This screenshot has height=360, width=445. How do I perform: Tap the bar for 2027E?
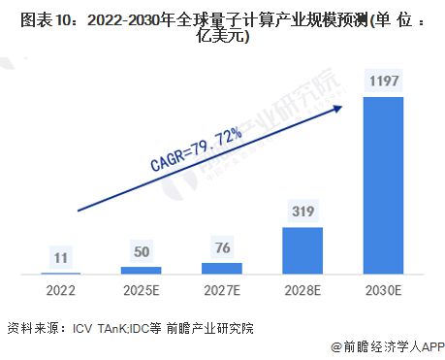221,268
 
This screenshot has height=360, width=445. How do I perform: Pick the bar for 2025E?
141,270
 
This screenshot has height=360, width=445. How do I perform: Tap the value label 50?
141,252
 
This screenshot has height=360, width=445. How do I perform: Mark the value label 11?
60,258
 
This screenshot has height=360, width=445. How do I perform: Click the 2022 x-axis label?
60,290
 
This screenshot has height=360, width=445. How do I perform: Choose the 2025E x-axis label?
141,290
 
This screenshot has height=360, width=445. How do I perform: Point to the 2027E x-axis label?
221,290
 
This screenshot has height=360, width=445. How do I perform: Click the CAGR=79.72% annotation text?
196,151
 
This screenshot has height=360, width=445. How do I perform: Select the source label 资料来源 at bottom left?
29,327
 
